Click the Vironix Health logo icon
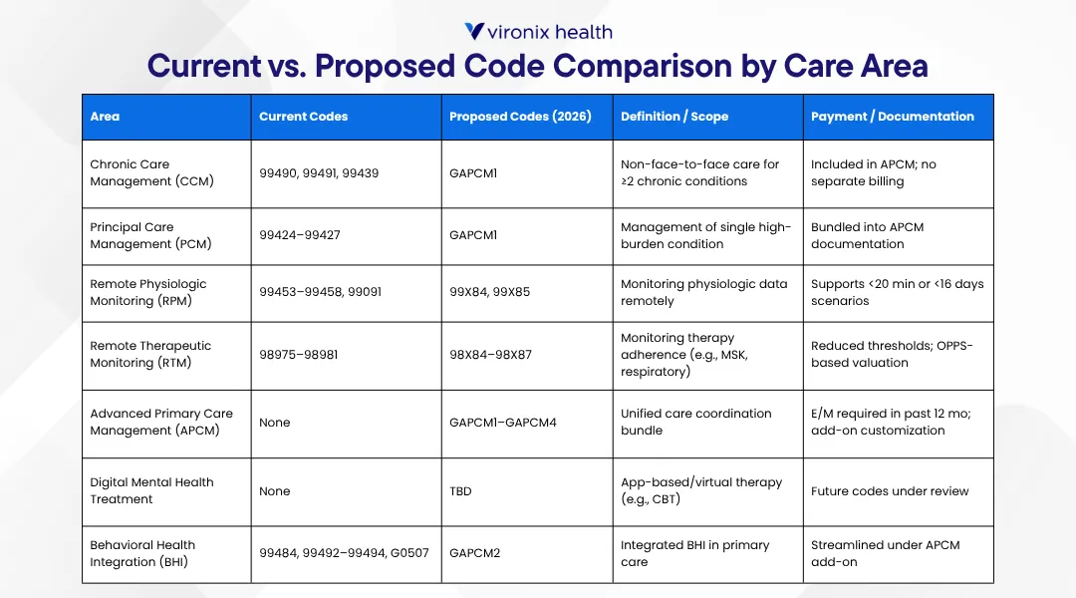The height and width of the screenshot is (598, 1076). tap(474, 32)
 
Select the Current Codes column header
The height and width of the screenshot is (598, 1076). tap(303, 117)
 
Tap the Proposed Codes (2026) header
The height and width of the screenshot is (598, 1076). tap(520, 117)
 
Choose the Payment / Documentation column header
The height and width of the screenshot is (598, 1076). tap(892, 117)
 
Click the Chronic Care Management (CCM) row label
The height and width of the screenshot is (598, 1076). tap(151, 172)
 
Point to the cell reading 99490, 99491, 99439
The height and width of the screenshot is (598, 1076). tap(319, 173)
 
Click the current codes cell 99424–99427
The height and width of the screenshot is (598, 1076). tap(299, 236)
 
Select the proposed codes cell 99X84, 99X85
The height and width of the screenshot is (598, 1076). tap(490, 293)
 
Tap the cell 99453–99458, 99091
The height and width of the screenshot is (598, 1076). tap(320, 293)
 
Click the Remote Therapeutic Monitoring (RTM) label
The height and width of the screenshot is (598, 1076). tap(150, 354)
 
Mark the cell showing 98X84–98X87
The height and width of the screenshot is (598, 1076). tap(491, 355)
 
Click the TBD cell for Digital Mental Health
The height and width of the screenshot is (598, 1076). tap(461, 491)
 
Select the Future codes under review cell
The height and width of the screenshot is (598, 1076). tap(889, 491)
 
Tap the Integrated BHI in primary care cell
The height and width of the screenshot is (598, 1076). tap(694, 553)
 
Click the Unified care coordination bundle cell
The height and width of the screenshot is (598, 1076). tap(695, 422)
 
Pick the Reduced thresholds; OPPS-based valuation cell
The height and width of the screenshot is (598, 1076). tap(892, 354)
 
